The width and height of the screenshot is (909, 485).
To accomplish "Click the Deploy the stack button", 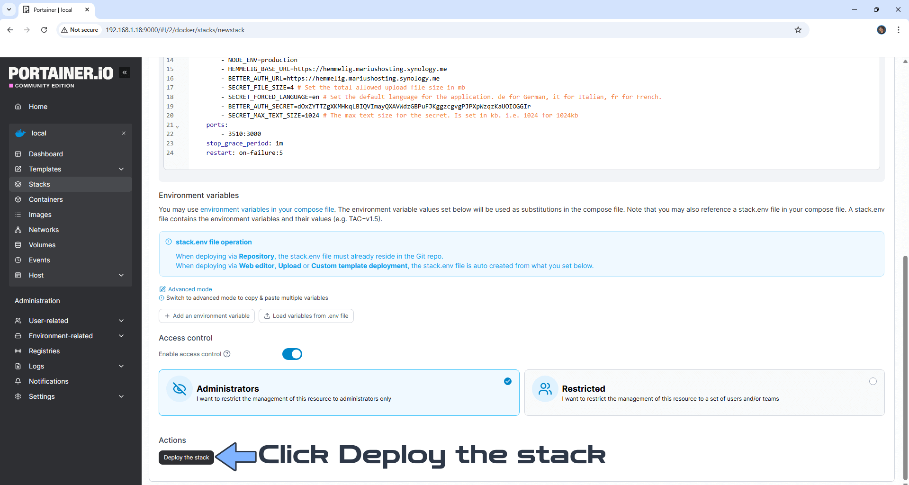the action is point(186,458).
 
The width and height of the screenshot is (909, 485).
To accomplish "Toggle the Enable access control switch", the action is point(292,354).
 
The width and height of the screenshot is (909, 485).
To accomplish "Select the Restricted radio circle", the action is point(873,381).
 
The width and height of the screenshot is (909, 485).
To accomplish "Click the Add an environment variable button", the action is point(207,316).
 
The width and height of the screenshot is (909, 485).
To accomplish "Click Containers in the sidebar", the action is point(45,199).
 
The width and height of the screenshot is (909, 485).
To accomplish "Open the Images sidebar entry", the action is point(40,215).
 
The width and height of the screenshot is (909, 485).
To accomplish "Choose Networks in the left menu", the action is point(44,230).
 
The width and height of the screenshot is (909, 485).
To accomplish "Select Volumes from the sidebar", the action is point(42,245).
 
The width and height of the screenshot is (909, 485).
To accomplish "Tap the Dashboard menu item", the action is point(45,154).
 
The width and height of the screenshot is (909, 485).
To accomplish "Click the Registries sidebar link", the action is point(44,351).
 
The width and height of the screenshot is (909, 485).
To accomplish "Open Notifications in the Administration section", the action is point(48,381).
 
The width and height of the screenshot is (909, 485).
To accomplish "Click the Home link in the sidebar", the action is point(38,107).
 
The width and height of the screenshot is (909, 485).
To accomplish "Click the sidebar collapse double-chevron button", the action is point(125,72).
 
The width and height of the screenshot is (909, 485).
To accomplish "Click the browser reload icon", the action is point(44,30).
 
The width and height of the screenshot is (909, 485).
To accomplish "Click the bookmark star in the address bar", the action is point(798,30).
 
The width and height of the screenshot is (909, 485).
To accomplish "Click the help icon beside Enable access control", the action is point(227,354).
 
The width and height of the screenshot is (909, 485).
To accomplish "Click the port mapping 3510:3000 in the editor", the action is point(244,134).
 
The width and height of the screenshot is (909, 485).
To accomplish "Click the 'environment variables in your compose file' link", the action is point(267,209).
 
